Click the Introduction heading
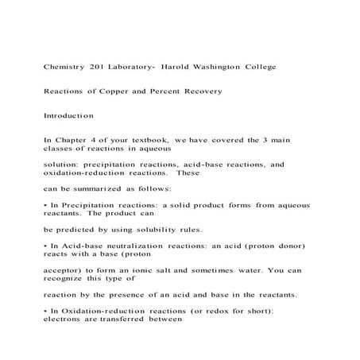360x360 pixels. click(69, 116)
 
